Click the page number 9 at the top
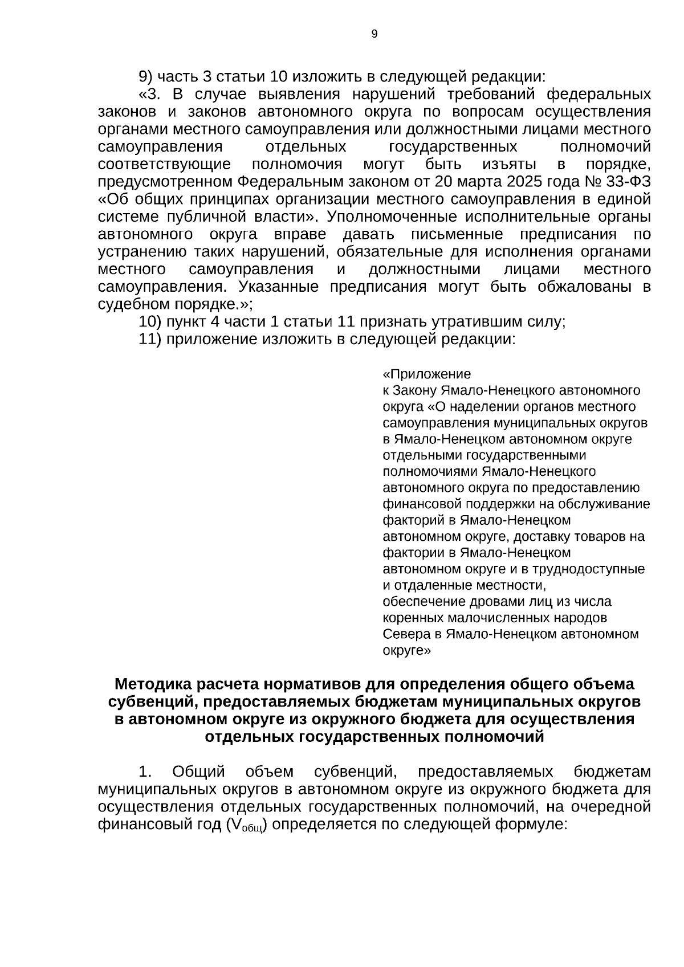[x=374, y=34]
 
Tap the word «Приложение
[x=426, y=374]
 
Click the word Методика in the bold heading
[x=149, y=684]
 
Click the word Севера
[x=406, y=634]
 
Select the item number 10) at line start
[x=150, y=322]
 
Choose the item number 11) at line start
[x=150, y=340]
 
